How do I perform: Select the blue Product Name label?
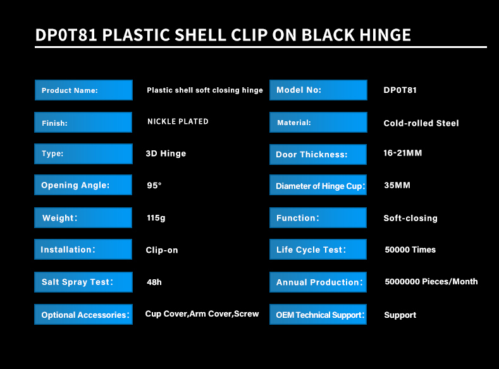83,90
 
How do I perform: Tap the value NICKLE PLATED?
178,121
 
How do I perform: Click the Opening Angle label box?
83,185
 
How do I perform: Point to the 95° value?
154,185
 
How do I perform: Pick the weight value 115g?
156,218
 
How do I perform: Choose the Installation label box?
83,250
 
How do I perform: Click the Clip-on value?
162,250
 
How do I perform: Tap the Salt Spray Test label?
83,282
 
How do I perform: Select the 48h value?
154,282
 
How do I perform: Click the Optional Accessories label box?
83,315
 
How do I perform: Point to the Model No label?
318,90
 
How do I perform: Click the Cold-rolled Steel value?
421,123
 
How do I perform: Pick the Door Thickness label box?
318,155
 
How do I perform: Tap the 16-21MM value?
403,153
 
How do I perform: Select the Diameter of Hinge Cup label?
318,185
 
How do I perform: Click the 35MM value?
397,185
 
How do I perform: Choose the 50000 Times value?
410,250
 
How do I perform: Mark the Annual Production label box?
318,282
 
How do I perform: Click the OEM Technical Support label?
318,315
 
